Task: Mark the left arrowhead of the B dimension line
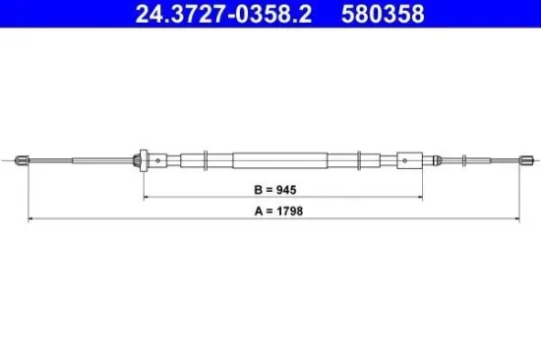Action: pyautogui.click(x=148, y=196)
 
